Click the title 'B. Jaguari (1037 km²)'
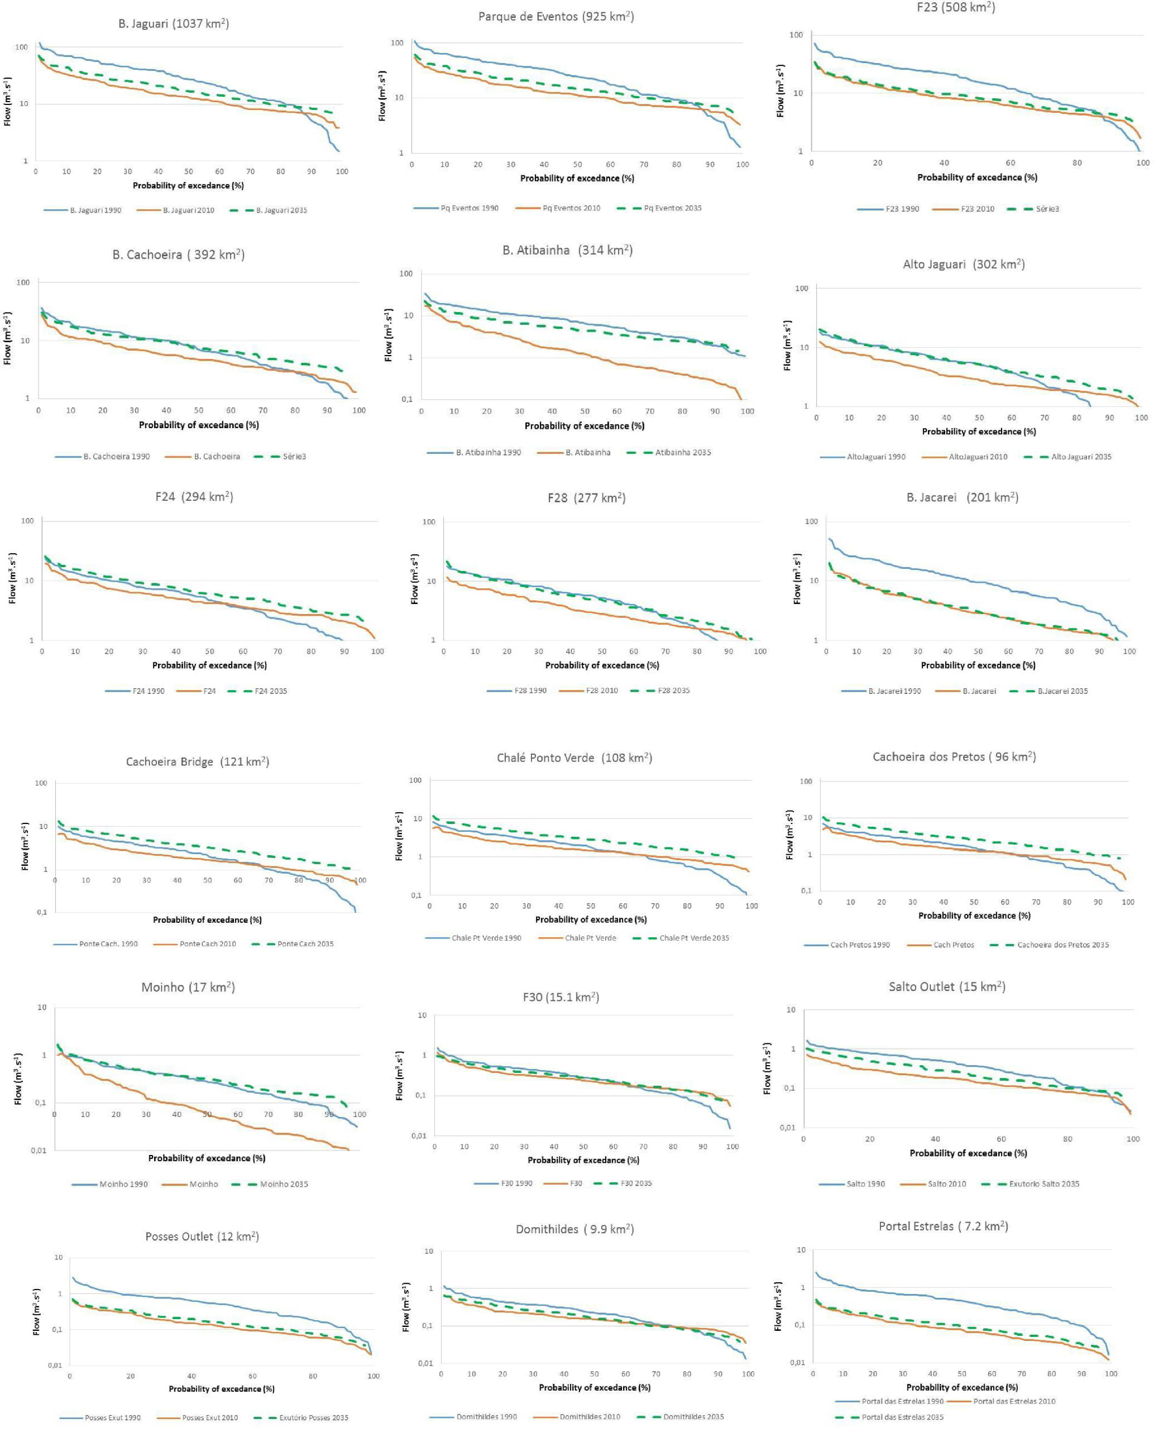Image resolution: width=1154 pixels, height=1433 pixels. point(174,24)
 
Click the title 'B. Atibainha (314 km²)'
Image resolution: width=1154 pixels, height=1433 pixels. point(567,251)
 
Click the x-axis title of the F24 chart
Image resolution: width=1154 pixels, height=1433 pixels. point(209,665)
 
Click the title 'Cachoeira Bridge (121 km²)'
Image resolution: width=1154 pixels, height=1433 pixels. point(198,761)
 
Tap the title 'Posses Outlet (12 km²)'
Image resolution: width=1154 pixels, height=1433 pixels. point(202,1236)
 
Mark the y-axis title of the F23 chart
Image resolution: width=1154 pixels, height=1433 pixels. point(780,91)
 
